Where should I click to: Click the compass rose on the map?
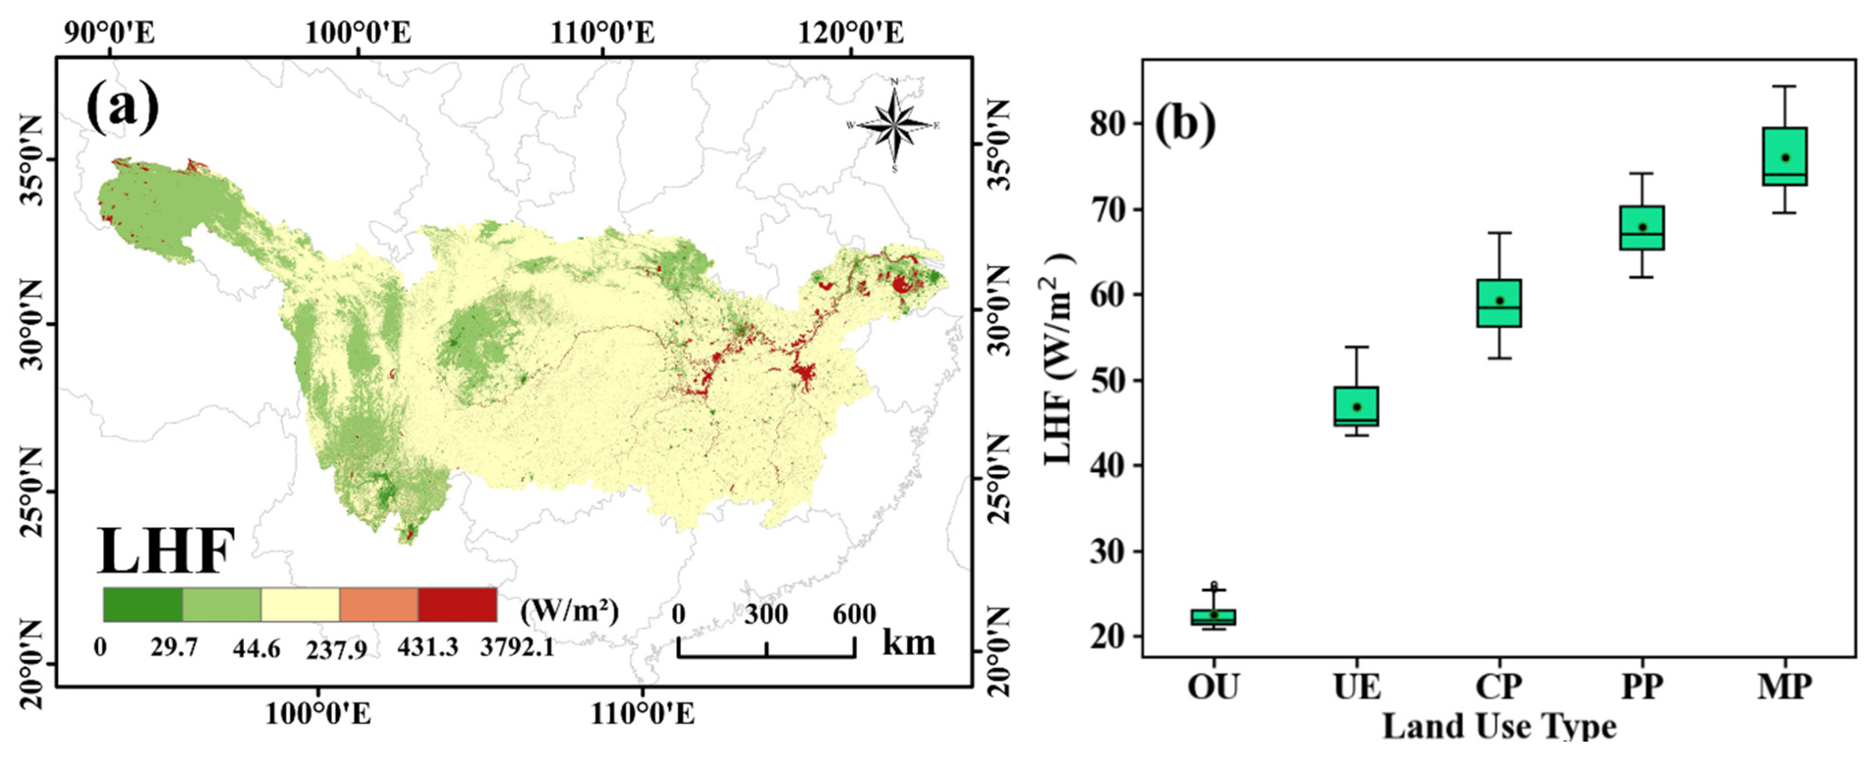pyautogui.click(x=894, y=125)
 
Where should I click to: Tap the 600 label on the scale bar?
pyautogui.click(x=854, y=615)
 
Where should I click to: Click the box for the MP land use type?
pyautogui.click(x=1785, y=156)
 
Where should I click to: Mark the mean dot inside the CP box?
pyautogui.click(x=1499, y=300)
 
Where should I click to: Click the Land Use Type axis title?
pyautogui.click(x=1499, y=726)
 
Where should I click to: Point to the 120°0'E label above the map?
pyautogui.click(x=851, y=33)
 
